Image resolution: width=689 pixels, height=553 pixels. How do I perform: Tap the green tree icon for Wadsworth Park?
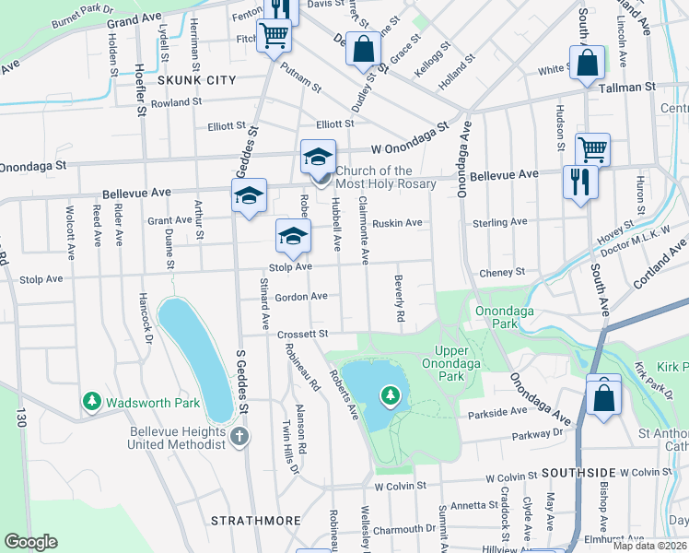point(91,402)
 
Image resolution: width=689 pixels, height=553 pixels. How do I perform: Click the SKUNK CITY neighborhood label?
point(197,80)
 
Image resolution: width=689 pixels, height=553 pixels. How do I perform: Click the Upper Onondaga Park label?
point(450,363)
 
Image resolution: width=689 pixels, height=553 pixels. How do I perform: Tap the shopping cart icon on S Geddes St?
point(274,37)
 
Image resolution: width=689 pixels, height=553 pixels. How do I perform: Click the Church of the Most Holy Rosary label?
point(387,178)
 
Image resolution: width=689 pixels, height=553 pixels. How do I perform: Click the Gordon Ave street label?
point(301,297)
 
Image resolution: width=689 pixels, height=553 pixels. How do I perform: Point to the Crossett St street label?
point(303,334)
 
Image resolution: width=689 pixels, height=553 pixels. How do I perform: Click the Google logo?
point(31,542)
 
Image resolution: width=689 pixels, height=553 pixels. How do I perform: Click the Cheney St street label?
point(502,272)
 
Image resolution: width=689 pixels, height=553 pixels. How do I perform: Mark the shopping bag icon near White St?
point(587,65)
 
